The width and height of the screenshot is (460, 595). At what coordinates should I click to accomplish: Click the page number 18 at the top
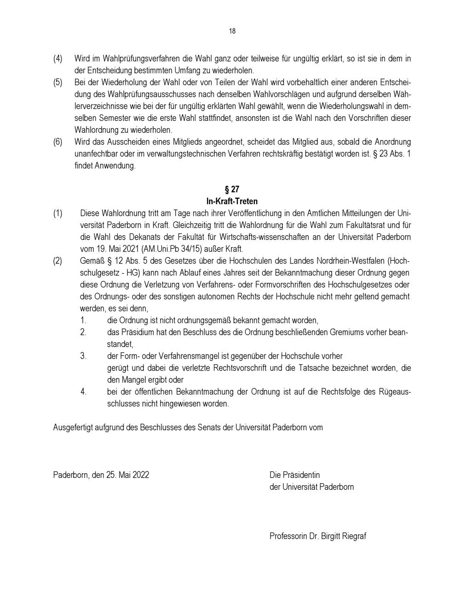pyautogui.click(x=232, y=31)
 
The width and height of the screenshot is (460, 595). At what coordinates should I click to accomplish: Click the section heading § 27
pyautogui.click(x=232, y=189)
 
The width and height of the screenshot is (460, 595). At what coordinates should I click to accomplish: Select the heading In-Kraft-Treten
pyautogui.click(x=232, y=201)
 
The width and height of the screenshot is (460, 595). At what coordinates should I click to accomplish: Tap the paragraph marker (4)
pyautogui.click(x=58, y=58)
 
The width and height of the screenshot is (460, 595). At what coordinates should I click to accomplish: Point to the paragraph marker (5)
pyautogui.click(x=58, y=82)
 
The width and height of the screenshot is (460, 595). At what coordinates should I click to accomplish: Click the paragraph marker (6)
pyautogui.click(x=58, y=142)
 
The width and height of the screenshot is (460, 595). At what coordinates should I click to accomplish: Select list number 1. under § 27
pyautogui.click(x=83, y=320)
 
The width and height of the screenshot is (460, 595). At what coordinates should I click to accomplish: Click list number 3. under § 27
pyautogui.click(x=83, y=356)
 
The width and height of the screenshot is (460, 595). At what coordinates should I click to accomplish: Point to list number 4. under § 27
pyautogui.click(x=83, y=392)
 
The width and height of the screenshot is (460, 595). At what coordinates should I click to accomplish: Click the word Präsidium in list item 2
pyautogui.click(x=137, y=332)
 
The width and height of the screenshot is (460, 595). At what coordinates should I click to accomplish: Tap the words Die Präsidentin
pyautogui.click(x=294, y=475)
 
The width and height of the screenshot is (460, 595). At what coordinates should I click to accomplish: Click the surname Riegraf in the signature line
pyautogui.click(x=354, y=536)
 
